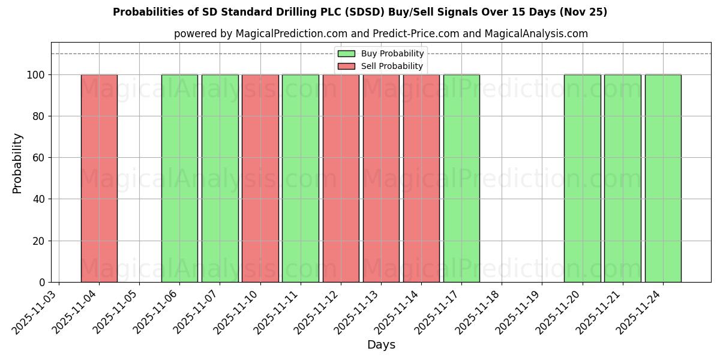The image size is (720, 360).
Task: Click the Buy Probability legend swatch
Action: click(x=346, y=54)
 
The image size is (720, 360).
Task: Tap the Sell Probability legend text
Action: click(x=392, y=66)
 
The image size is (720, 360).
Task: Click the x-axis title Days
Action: click(x=381, y=345)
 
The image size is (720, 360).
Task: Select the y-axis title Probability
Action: click(x=17, y=163)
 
